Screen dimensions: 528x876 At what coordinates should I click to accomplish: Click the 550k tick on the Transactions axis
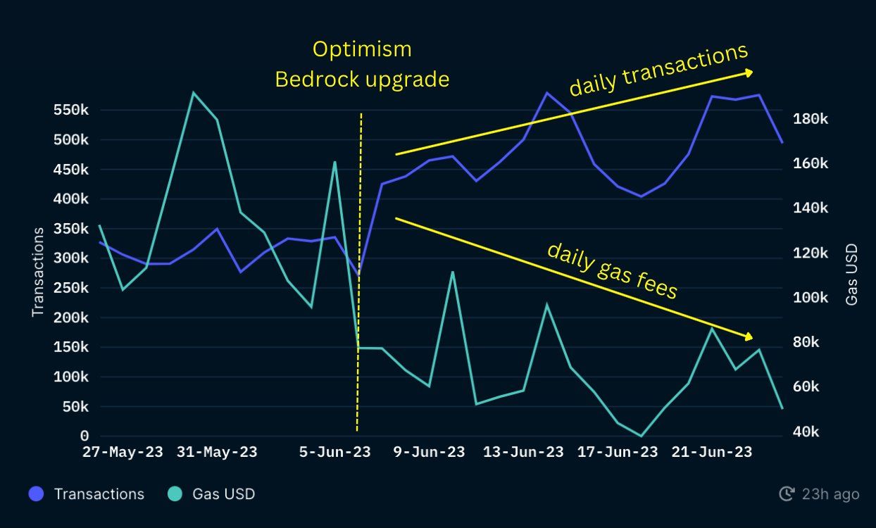click(70, 111)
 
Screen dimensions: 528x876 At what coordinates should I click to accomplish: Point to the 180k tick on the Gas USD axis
click(810, 118)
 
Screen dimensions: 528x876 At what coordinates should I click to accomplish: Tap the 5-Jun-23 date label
click(335, 452)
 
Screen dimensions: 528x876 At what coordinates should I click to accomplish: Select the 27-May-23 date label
click(123, 452)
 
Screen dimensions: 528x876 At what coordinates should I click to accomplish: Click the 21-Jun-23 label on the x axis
click(711, 452)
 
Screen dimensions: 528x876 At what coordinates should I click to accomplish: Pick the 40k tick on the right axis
click(806, 432)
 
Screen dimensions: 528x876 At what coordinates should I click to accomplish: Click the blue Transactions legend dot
click(37, 494)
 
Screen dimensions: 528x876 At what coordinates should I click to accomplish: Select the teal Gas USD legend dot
click(175, 494)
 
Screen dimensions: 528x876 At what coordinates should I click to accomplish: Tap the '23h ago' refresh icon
click(787, 494)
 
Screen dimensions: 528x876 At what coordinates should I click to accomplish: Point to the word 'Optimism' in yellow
click(362, 49)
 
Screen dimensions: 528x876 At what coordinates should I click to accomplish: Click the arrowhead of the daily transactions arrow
click(750, 73)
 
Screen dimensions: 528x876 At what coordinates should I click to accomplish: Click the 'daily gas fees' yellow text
click(612, 270)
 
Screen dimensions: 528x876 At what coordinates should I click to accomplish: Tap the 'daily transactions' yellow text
click(658, 70)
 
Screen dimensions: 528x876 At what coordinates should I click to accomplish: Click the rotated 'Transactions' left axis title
click(38, 271)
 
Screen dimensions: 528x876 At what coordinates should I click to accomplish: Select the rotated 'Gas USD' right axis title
click(852, 274)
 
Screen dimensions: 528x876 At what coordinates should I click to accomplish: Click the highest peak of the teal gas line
click(193, 92)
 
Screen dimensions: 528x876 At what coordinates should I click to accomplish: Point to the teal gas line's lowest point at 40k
click(641, 436)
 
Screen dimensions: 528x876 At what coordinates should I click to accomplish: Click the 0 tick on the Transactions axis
click(85, 436)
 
